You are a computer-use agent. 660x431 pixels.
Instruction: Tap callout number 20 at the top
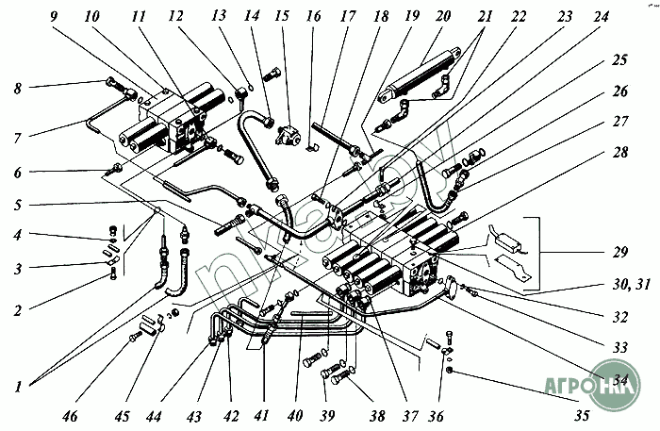443,16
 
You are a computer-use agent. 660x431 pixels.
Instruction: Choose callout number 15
282,16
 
